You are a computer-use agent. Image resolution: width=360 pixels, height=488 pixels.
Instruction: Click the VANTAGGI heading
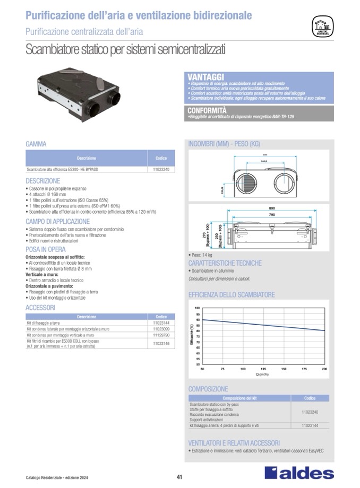pos(205,77)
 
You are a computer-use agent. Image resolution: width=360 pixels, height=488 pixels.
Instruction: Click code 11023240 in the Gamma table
pos(161,170)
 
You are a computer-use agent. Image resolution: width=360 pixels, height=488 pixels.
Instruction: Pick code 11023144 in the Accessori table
pos(160,323)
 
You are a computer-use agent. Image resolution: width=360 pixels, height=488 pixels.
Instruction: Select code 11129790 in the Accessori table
pos(160,335)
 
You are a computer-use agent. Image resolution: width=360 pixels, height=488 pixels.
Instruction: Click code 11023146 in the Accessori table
pos(160,344)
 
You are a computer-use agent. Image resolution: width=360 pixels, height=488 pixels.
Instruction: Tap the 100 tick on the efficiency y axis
pos(197,308)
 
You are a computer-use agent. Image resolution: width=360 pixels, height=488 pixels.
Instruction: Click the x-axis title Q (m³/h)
pos(262,374)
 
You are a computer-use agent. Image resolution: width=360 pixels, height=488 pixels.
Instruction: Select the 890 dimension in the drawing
pos(271,209)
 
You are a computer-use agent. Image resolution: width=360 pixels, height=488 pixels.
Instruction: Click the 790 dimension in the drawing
pos(271,215)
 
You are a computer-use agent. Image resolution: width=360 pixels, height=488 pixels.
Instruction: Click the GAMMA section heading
pos(36,144)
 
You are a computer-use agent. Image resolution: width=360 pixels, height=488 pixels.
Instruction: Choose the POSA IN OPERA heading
pos(46,249)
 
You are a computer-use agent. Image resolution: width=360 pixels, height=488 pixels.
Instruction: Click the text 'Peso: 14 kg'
pos(203,255)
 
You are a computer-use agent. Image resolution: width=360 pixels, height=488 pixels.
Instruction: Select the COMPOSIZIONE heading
pos(208,389)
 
